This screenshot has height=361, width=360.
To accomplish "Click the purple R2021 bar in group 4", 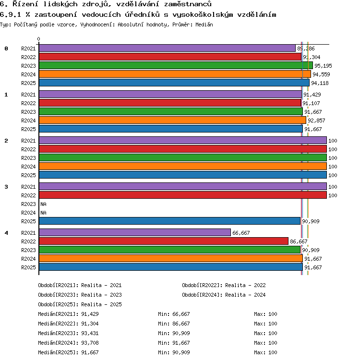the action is pyautogui.click(x=135, y=232).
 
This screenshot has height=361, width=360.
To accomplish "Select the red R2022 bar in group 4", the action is pyautogui.click(x=164, y=241).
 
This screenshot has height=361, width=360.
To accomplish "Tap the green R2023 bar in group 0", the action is pyautogui.click(x=176, y=65).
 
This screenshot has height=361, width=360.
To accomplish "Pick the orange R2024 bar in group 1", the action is pyautogui.click(x=173, y=120).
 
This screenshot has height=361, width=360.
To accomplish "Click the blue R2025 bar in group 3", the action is pyautogui.click(x=169, y=221).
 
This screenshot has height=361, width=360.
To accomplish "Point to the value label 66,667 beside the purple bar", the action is pyautogui.click(x=241, y=233).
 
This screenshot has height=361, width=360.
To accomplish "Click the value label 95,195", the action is pyautogui.click(x=323, y=66).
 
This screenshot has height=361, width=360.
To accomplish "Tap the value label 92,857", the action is pyautogui.click(x=316, y=120).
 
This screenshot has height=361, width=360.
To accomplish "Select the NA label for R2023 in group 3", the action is pyautogui.click(x=43, y=204).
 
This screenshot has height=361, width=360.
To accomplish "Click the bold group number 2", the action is pyautogui.click(x=6, y=141).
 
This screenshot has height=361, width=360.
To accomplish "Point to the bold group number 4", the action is pyautogui.click(x=6, y=233).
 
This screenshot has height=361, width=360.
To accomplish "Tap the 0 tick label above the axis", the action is pyautogui.click(x=39, y=39).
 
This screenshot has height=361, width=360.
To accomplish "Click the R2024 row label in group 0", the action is pyautogui.click(x=28, y=74).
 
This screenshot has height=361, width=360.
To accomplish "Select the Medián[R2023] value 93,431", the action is pyautogui.click(x=90, y=333).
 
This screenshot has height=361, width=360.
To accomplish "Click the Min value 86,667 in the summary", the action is pyautogui.click(x=181, y=324).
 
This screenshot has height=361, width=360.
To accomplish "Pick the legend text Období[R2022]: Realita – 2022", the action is pyautogui.click(x=224, y=285).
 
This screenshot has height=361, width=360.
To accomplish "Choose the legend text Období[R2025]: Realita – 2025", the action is pyautogui.click(x=80, y=304).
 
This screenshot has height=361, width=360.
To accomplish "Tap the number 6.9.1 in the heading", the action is pyautogui.click(x=11, y=15).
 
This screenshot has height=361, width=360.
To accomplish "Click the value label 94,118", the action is pyautogui.click(x=320, y=83).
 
